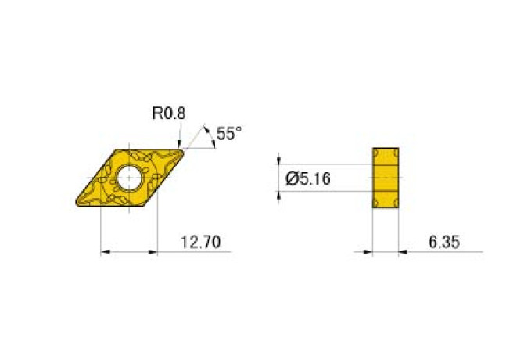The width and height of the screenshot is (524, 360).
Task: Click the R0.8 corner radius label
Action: (168, 113)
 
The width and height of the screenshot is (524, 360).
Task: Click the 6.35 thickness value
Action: (443, 244)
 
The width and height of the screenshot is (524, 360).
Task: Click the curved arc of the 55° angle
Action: (212, 139)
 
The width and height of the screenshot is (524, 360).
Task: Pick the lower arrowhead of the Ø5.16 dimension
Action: (280, 195)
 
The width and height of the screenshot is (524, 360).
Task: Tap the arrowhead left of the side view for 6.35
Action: (368, 252)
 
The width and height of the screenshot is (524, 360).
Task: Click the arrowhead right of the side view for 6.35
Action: (404, 252)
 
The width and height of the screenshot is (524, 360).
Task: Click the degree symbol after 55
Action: (239, 130)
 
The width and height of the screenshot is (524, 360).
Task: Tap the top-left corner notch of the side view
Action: (375, 150)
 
